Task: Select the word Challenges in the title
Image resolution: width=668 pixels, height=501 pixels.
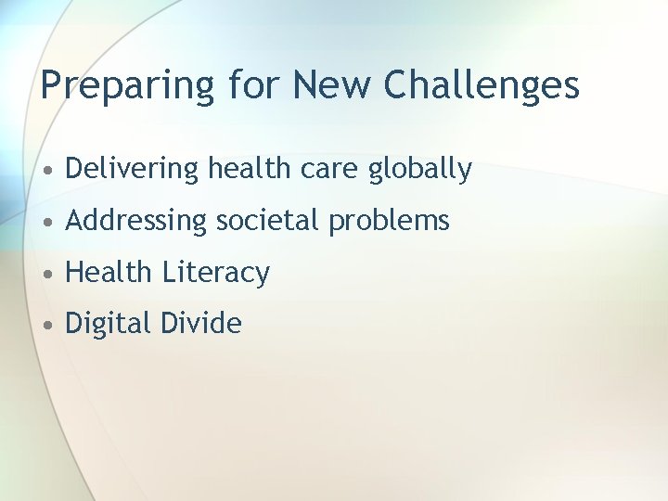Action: tap(481, 85)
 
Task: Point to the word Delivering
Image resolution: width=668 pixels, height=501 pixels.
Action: tap(133, 170)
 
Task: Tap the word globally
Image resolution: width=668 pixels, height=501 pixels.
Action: tap(420, 170)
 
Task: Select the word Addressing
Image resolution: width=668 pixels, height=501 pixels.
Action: tap(137, 222)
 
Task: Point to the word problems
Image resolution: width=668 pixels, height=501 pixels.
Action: tap(387, 222)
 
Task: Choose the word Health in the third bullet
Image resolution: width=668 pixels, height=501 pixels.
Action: tap(109, 272)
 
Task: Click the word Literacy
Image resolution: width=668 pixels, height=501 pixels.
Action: tap(216, 273)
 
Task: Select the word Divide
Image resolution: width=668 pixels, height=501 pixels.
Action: tap(200, 323)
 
